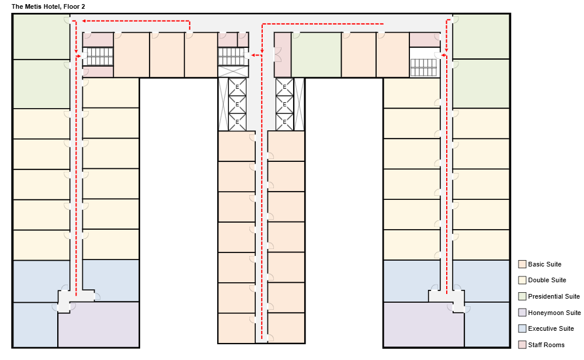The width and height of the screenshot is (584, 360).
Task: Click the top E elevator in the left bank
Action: (237, 87)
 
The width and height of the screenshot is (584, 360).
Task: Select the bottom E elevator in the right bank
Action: (284, 122)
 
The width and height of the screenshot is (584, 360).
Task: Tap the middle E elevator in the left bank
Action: (237, 105)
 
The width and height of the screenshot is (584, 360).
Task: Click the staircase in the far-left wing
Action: (98, 56)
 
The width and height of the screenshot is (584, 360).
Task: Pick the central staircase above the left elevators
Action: (232, 56)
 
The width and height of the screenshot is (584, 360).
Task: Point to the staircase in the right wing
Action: (423, 67)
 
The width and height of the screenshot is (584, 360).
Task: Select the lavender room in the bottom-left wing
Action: (98, 325)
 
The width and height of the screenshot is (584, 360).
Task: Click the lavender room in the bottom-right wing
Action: (423, 325)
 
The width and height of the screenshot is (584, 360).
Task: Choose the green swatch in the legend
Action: (522, 296)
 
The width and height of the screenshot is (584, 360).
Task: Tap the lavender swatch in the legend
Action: (522, 313)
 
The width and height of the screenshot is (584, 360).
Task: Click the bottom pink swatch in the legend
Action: (522, 345)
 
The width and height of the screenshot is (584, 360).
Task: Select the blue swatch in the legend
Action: (522, 328)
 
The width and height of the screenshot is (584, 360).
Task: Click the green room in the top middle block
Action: (316, 54)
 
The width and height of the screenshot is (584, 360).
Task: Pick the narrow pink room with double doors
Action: (283, 54)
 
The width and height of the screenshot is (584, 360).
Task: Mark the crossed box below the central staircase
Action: (232, 72)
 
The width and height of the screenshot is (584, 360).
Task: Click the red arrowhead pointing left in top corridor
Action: (84, 21)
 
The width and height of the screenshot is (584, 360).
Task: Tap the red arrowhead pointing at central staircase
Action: (252, 56)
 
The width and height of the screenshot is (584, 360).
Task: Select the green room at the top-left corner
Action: (41, 36)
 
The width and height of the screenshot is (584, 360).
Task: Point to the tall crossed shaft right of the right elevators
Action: (299, 104)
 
